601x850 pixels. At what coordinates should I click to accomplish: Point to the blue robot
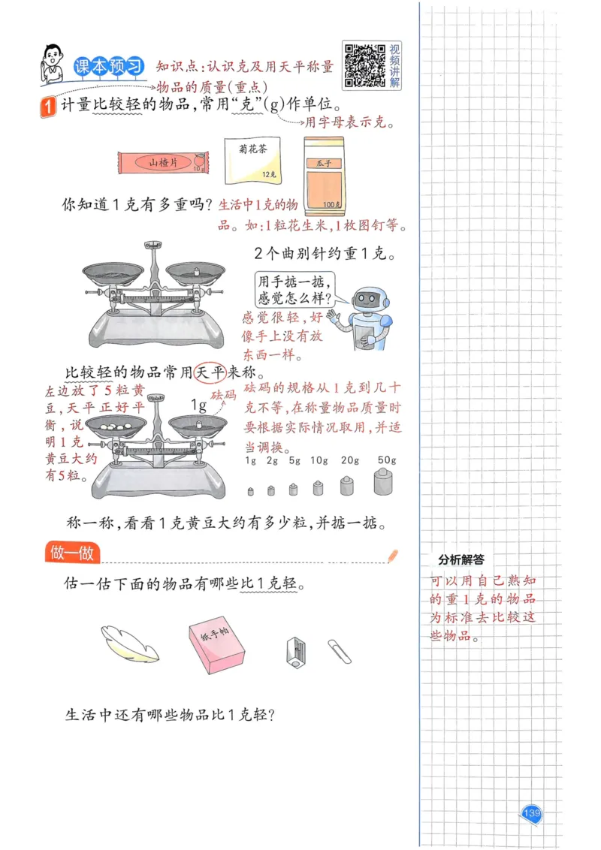[367, 317]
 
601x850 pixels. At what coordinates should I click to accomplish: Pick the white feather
[130, 643]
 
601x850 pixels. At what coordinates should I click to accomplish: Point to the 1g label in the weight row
[251, 460]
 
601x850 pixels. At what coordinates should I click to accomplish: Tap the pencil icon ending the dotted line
[393, 556]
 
